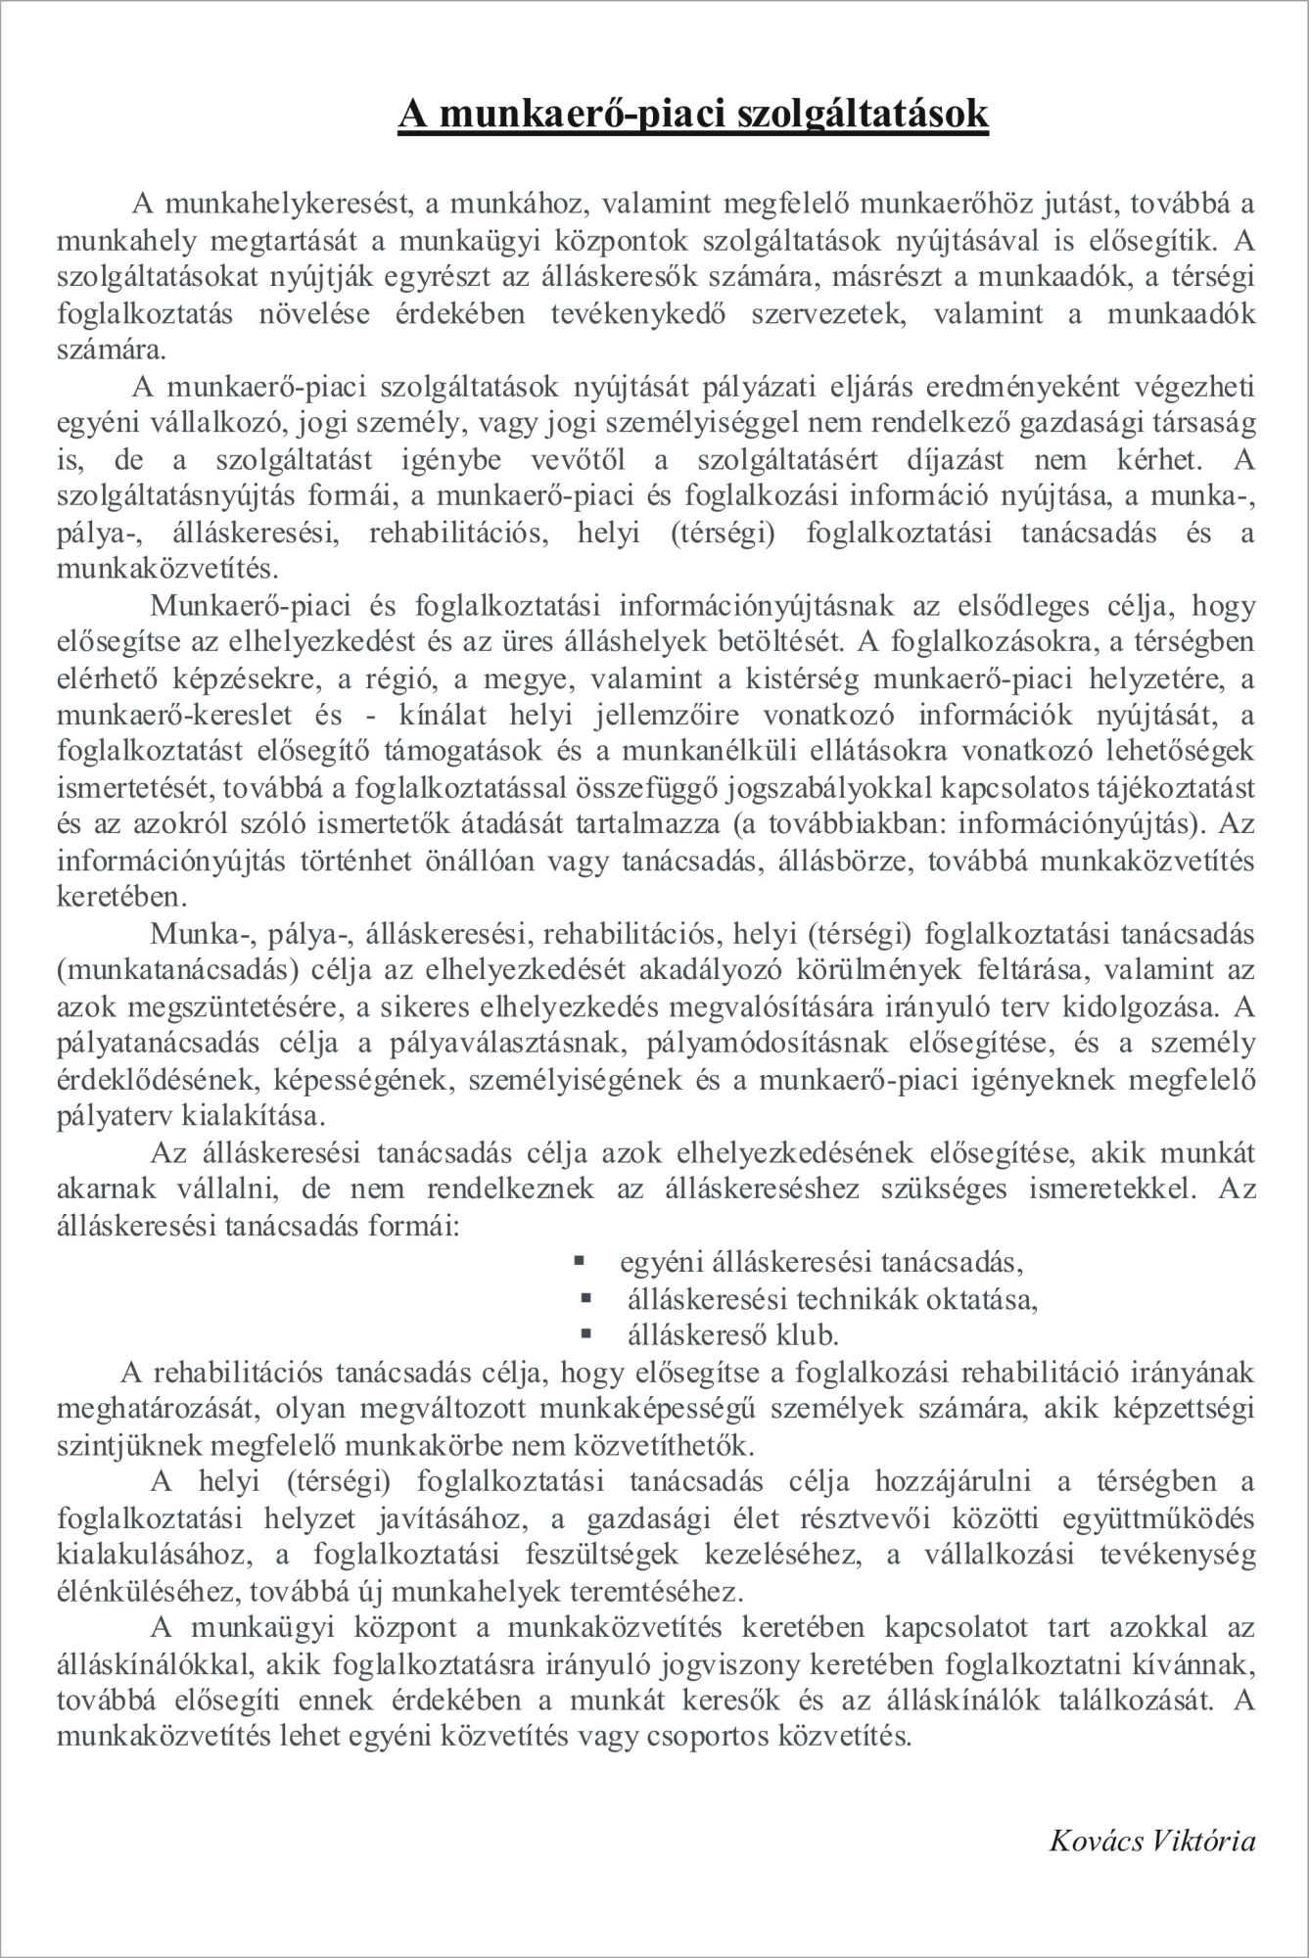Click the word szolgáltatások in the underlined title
click(838, 114)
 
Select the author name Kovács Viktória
click(1151, 1841)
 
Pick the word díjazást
click(985, 459)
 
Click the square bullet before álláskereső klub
click(586, 1332)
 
